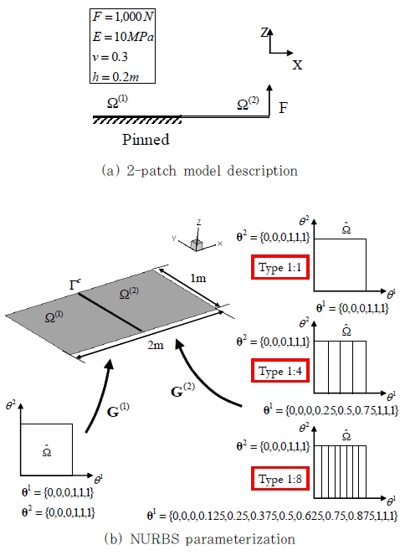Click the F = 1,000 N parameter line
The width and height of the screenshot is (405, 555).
click(x=123, y=17)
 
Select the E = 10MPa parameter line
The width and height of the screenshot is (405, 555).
click(x=123, y=37)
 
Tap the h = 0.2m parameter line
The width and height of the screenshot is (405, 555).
click(x=115, y=76)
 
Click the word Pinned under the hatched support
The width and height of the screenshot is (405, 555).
click(x=146, y=140)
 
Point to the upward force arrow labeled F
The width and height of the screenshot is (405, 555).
click(x=269, y=100)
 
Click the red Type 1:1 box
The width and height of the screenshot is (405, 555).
click(x=280, y=267)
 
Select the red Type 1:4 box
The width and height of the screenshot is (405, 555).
click(x=280, y=371)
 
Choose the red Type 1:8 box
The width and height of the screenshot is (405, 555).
click(x=280, y=479)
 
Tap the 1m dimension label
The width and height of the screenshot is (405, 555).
click(x=198, y=278)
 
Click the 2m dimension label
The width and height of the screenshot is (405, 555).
click(x=156, y=345)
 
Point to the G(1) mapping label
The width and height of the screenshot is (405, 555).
click(x=118, y=410)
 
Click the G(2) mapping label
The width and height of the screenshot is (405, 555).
click(x=182, y=390)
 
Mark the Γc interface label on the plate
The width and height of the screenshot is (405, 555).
click(x=75, y=285)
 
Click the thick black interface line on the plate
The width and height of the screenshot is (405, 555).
click(x=110, y=312)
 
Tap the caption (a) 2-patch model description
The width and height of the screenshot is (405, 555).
click(x=200, y=171)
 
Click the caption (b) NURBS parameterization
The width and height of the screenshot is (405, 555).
click(x=200, y=539)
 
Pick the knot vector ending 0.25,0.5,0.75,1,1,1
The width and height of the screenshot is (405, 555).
click(x=331, y=410)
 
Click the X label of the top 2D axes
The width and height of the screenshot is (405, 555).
click(x=297, y=65)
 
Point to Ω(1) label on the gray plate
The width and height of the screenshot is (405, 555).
click(x=54, y=316)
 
